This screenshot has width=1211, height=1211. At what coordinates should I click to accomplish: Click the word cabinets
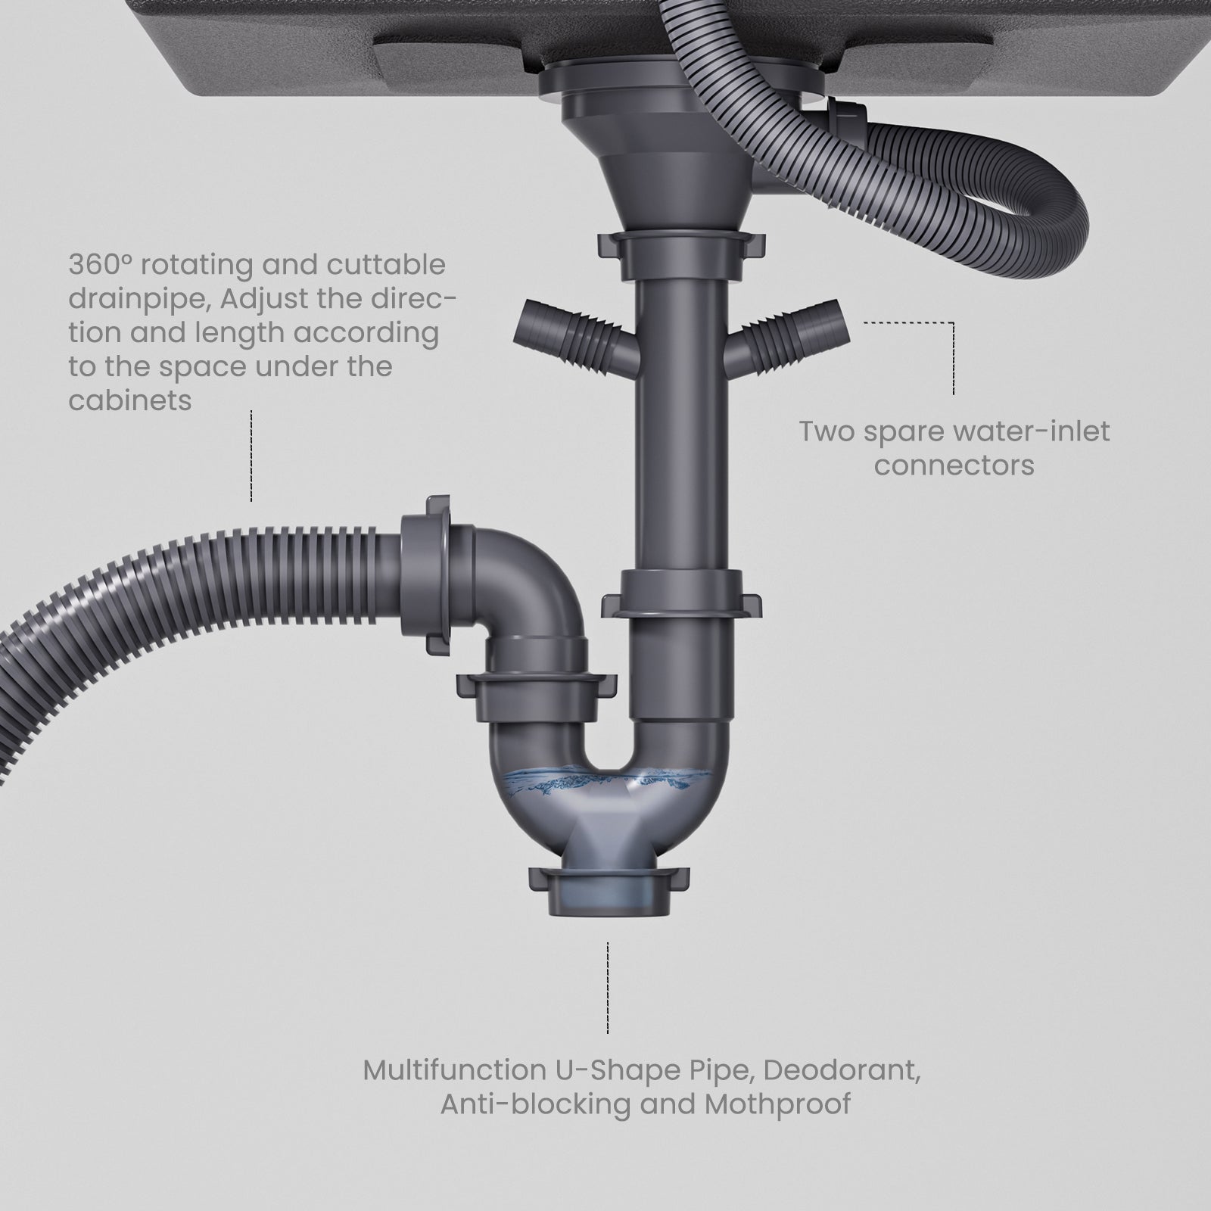pyautogui.click(x=129, y=400)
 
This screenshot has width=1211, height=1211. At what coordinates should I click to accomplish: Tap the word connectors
pyautogui.click(x=954, y=465)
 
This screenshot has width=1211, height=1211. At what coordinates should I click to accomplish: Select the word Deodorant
pyautogui.click(x=841, y=1070)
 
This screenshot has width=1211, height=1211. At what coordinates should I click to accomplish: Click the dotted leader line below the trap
pyautogui.click(x=608, y=988)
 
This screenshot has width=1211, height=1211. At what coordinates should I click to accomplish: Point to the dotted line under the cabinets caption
pyautogui.click(x=251, y=456)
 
